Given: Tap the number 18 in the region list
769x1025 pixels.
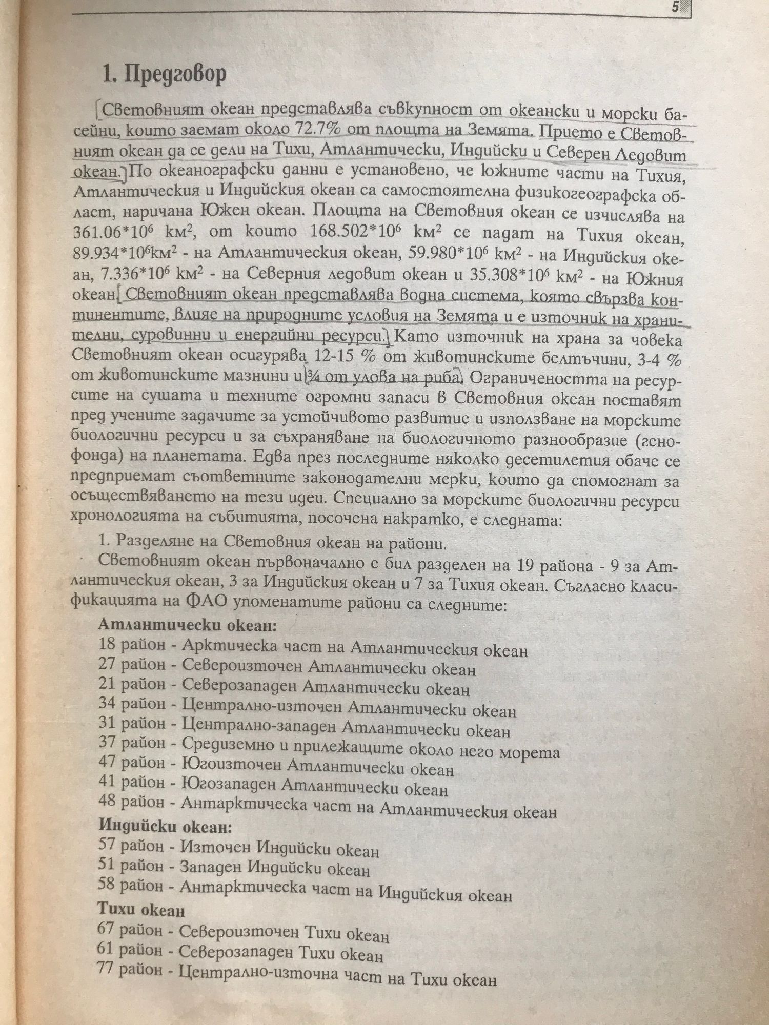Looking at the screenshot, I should click(x=107, y=644).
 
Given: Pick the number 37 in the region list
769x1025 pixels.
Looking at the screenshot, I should click(x=107, y=743).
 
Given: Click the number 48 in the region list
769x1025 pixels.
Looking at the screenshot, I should click(x=107, y=802).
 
